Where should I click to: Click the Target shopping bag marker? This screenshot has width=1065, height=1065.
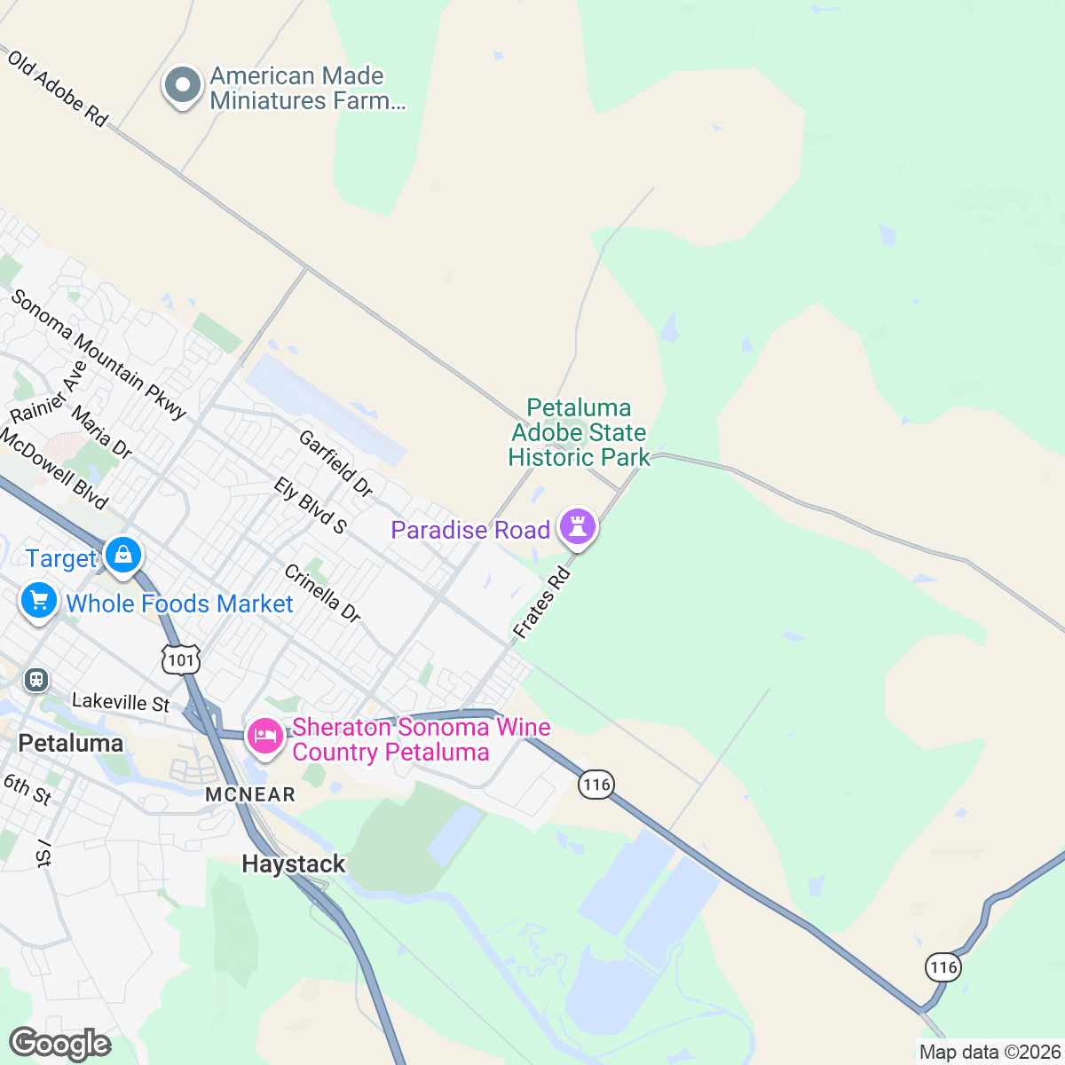(123, 556)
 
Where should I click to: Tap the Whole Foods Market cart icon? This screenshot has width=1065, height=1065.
(38, 601)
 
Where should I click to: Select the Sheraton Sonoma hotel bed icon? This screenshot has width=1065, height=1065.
(264, 736)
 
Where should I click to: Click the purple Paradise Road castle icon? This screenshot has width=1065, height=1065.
(578, 527)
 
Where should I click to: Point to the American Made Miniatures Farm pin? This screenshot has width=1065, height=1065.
(183, 86)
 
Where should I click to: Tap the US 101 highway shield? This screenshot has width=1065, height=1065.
(181, 659)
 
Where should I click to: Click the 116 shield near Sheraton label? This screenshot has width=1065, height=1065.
(596, 784)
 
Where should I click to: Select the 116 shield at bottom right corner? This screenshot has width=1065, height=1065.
(943, 966)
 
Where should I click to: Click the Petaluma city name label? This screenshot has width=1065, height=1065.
(71, 743)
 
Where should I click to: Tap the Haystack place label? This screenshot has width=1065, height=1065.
(293, 864)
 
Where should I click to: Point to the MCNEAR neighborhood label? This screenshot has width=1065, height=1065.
(250, 794)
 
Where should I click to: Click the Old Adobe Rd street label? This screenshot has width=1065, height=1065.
(58, 88)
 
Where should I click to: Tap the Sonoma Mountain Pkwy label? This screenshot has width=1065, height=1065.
(99, 353)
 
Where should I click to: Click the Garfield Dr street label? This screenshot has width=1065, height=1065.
(335, 463)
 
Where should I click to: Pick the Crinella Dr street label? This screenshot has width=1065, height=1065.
(322, 593)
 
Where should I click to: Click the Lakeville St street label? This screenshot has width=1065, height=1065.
(121, 702)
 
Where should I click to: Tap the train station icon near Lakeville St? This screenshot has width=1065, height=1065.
(35, 680)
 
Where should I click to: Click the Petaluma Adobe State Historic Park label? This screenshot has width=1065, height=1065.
(579, 432)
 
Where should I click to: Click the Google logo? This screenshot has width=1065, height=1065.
(60, 1045)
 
